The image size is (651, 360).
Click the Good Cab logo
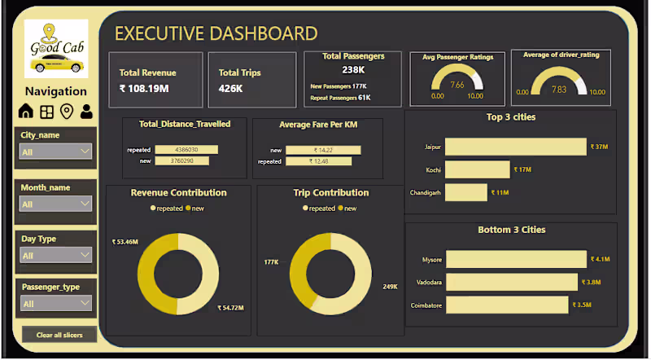tap(55, 49)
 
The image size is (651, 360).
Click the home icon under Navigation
tap(25, 111)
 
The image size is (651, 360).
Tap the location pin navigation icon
tap(66, 111)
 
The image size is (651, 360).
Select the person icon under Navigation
tap(86, 111)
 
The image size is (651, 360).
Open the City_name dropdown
tap(55, 151)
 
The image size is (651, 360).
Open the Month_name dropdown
tap(55, 204)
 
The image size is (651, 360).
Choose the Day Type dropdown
tap(55, 255)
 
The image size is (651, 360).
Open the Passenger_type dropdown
tap(55, 304)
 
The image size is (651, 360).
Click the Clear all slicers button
tap(55, 335)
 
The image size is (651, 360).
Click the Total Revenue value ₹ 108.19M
tap(144, 89)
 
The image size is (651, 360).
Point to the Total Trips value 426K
tap(230, 89)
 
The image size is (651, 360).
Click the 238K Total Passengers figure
tap(353, 70)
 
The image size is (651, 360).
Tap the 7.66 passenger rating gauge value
tap(457, 85)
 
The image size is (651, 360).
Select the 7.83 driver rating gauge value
tap(558, 90)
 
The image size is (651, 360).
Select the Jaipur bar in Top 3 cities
tap(515, 147)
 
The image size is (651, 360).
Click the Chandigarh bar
tap(466, 192)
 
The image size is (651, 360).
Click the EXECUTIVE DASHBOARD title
tap(216, 33)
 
